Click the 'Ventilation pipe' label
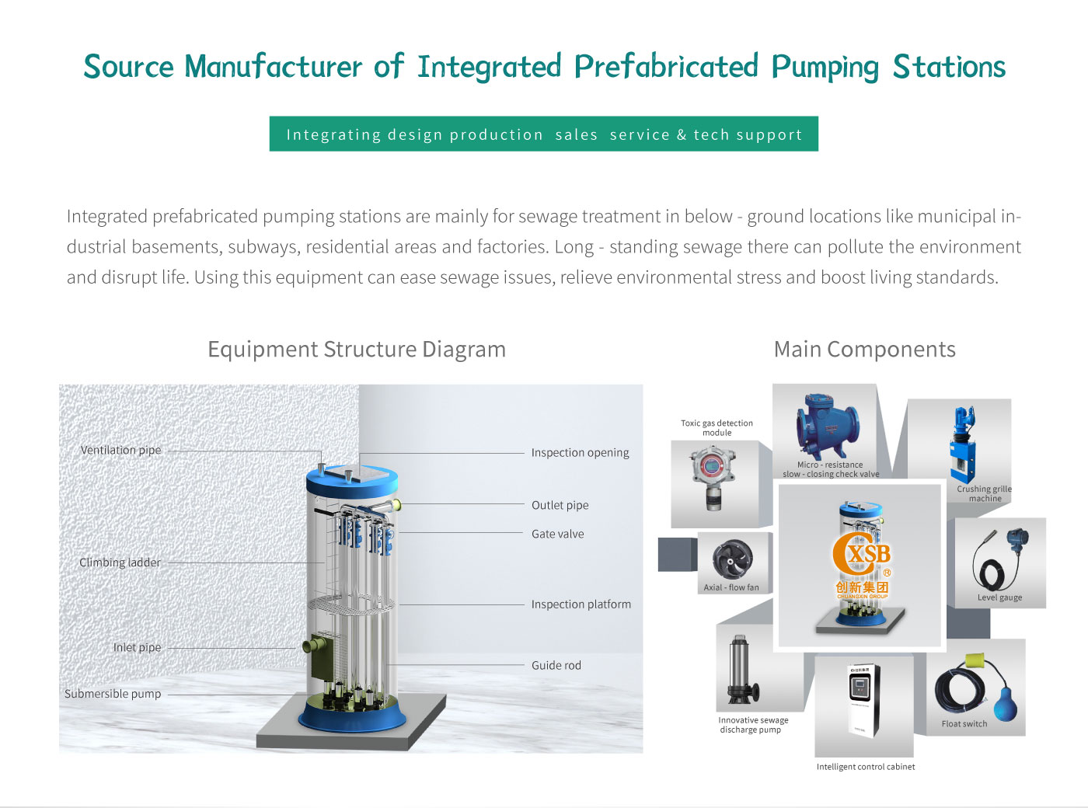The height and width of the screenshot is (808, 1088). coord(120,450)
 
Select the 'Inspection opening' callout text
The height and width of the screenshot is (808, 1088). coord(580,452)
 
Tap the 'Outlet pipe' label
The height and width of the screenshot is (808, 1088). coord(560,505)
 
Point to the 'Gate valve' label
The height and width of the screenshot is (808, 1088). coord(557,534)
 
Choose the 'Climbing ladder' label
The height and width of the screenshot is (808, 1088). coord(120,562)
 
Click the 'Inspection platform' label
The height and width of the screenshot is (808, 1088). coord(581,604)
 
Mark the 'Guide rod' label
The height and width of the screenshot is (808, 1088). coord(556,665)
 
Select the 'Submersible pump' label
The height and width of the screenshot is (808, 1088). coord(113,694)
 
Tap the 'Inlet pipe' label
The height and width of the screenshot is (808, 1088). coord(137,647)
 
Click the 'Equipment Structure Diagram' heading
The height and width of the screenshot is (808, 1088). coord(357,350)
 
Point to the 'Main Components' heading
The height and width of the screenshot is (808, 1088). coord(864,350)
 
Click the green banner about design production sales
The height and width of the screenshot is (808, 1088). coord(543,134)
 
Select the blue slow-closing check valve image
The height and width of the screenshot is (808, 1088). coord(827,427)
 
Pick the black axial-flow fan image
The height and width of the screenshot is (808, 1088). coord(732,559)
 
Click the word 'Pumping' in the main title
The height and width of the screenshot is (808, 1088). coord(825,68)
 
